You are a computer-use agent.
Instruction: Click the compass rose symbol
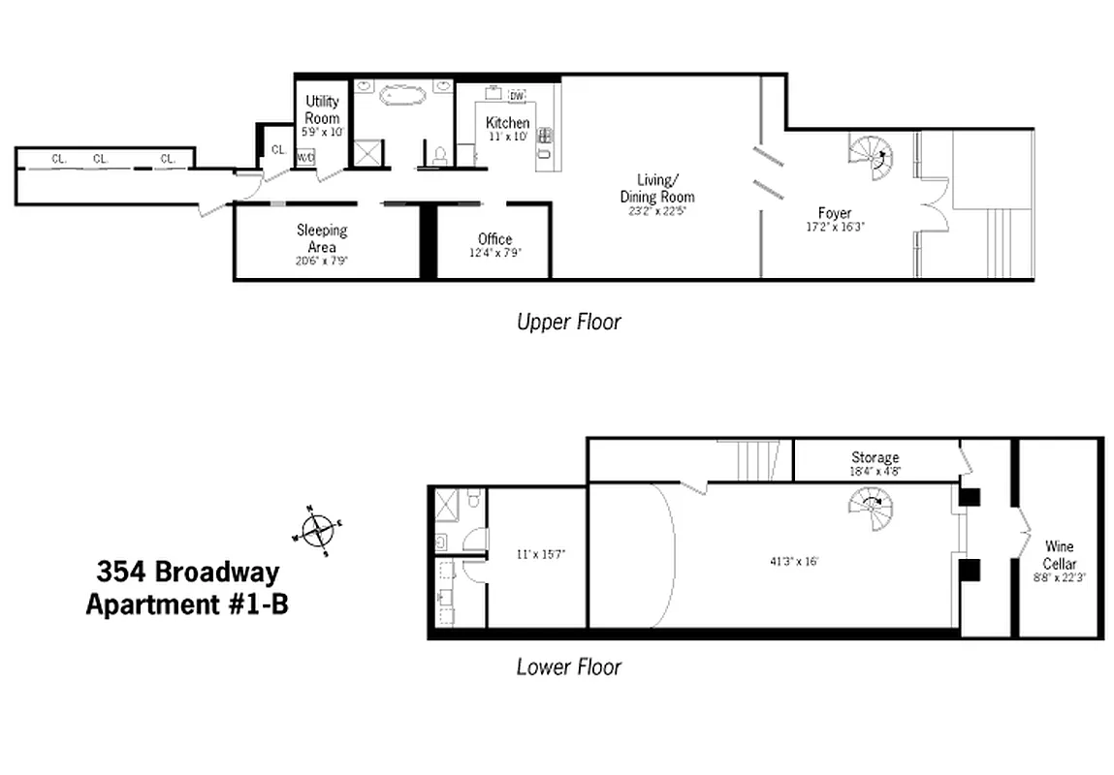click(x=317, y=531)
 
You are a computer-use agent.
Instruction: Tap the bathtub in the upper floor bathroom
click(x=402, y=95)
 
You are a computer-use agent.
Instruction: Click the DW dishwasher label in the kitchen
click(x=516, y=95)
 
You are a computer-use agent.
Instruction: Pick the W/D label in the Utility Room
click(x=305, y=156)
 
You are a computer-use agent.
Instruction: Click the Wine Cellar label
click(x=1060, y=555)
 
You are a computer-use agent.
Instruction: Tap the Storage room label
click(x=875, y=457)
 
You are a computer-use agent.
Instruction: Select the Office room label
click(x=494, y=239)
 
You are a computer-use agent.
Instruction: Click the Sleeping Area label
click(x=322, y=239)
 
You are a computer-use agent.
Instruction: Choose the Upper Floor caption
click(x=568, y=322)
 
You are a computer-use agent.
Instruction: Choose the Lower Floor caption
click(x=568, y=666)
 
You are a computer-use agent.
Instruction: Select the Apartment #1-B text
click(x=186, y=605)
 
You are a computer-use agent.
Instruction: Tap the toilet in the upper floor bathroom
click(x=439, y=154)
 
